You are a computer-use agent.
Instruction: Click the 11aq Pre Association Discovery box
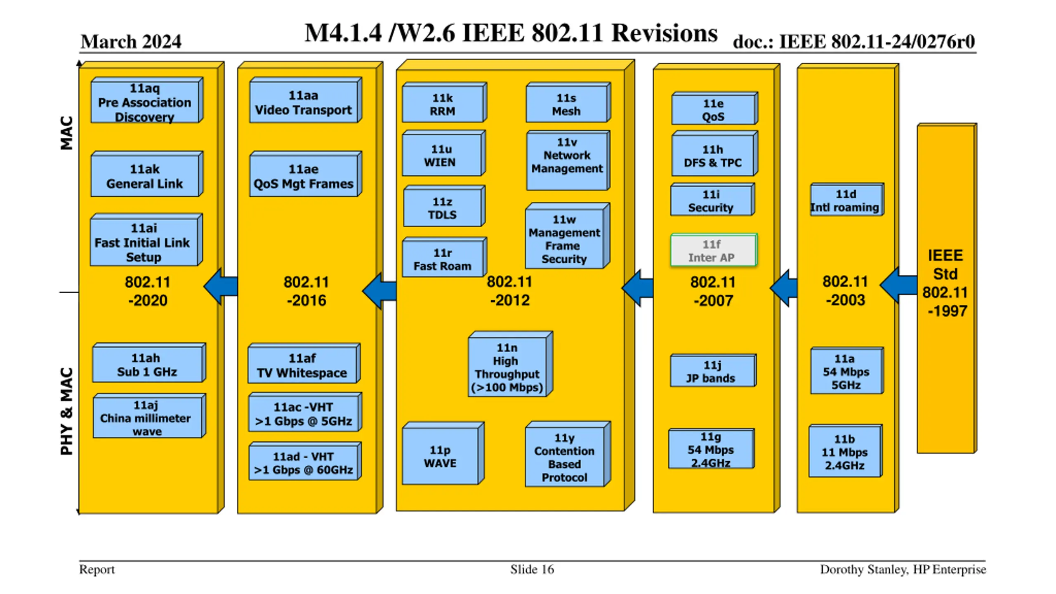pos(147,100)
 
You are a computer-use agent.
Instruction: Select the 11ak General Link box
pos(147,174)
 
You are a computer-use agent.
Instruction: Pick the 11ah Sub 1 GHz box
pos(149,363)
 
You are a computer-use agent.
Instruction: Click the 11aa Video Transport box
pos(306,100)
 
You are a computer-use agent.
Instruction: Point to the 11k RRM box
pos(445,103)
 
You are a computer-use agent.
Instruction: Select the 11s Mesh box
pos(568,103)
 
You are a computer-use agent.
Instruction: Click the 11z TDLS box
pos(444,206)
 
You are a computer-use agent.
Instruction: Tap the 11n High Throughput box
pos(510,364)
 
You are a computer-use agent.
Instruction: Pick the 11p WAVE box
pos(443,453)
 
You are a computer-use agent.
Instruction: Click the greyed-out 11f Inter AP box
pos(714,250)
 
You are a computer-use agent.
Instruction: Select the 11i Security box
pos(712,200)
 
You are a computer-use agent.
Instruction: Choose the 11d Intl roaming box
pos(847,200)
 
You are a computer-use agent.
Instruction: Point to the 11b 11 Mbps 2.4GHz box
pos(846,451)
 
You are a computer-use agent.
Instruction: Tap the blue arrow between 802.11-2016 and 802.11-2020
pos(221,287)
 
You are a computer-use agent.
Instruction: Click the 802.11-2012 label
pos(510,291)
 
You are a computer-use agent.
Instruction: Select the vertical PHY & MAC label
pos(66,412)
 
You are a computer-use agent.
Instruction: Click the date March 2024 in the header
pos(131,42)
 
